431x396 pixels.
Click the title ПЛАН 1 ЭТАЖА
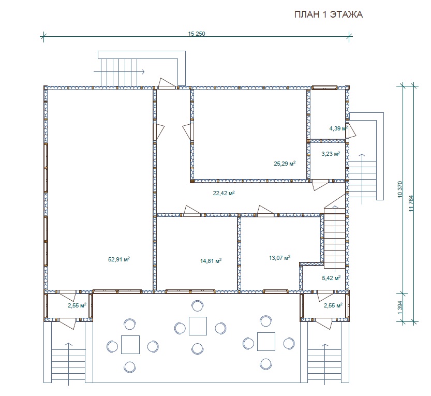pos(329,14)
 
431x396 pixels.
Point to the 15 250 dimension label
pos(197,34)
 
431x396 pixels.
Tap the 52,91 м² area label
pos(119,259)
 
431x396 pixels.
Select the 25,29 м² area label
pos(285,164)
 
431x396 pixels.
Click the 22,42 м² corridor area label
pos(224,193)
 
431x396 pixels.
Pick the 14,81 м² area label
pos(211,261)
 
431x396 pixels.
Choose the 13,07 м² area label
pos(279,258)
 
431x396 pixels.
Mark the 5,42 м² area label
pos(331,278)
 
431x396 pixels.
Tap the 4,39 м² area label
pos(338,128)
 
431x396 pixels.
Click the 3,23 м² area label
pos(331,154)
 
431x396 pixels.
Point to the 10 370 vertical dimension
pos(400,189)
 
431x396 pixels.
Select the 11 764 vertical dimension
pos(411,203)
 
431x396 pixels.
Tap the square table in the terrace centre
pos(198,326)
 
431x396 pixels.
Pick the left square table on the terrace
pos(130,345)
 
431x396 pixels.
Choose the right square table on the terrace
pos(266,342)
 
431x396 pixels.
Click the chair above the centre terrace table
pos(197,306)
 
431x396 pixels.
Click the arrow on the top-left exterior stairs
pos(120,72)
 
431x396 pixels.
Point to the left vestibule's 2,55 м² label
pos(77,305)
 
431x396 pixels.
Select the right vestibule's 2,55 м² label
pos(333,305)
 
